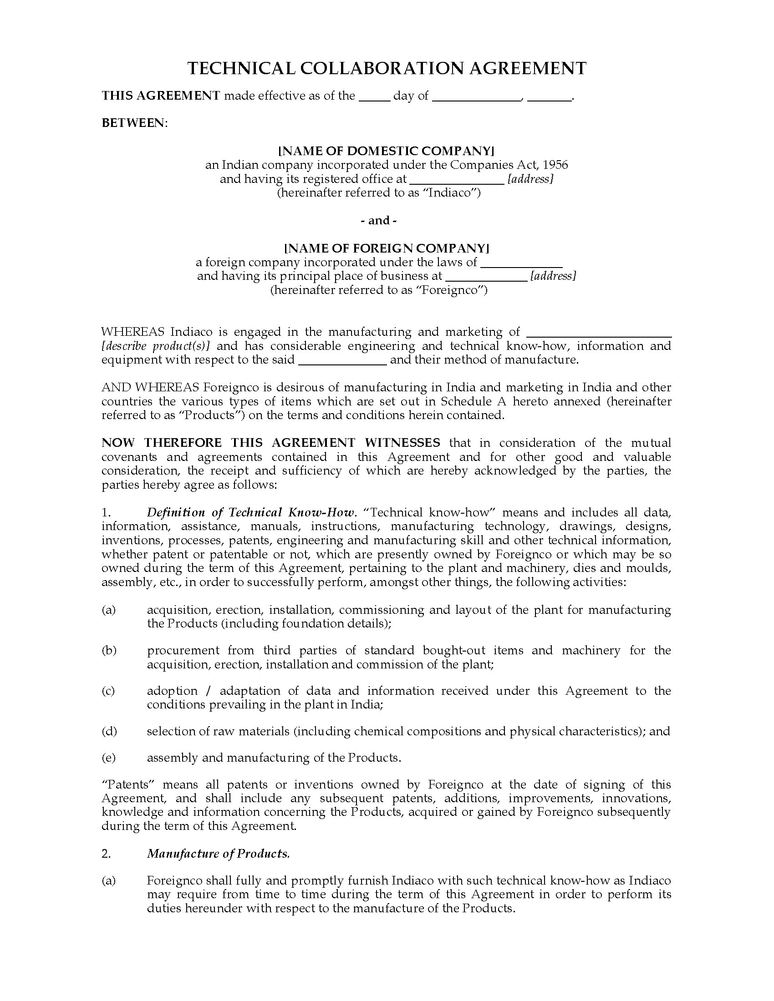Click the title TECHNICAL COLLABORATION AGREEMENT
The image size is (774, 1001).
pyautogui.click(x=387, y=68)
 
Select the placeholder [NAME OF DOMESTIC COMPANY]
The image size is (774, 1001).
pyautogui.click(x=387, y=151)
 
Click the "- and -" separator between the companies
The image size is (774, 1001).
pyautogui.click(x=378, y=221)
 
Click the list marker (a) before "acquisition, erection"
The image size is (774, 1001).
pyautogui.click(x=109, y=610)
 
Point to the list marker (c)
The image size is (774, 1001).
pyautogui.click(x=109, y=691)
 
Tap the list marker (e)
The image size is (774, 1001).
pyautogui.click(x=109, y=758)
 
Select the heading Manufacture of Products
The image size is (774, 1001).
pyautogui.click(x=218, y=854)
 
